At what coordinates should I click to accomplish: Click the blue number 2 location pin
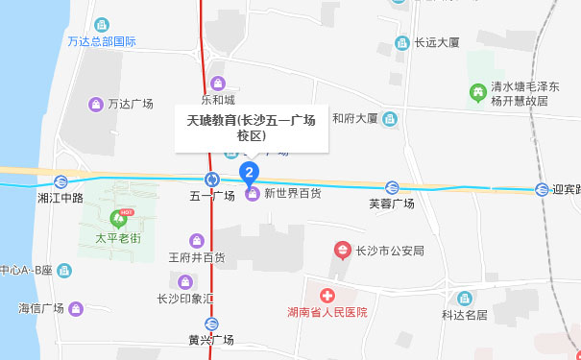[x=250, y=173]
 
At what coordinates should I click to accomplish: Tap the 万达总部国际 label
[x=102, y=41]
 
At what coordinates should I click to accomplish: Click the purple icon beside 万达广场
[x=95, y=104]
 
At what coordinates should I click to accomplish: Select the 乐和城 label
[x=218, y=99]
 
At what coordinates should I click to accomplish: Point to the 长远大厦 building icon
[x=401, y=42]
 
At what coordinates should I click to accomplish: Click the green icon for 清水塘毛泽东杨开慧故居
[x=476, y=92]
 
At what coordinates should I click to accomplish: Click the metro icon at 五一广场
[x=212, y=179]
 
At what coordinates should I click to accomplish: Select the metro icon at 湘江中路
[x=61, y=181]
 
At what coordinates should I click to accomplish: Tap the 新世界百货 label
[x=292, y=194]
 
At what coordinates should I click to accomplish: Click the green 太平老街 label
[x=120, y=235]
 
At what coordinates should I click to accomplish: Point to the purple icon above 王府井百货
[x=197, y=240]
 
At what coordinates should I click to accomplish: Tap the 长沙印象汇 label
[x=185, y=299]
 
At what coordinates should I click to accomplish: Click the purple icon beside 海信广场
[x=78, y=308]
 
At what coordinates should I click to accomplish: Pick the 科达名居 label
[x=465, y=314]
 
